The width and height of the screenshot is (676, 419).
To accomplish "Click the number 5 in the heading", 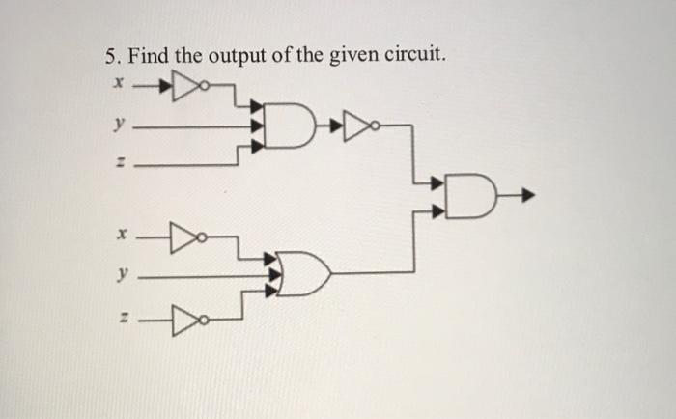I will click(x=110, y=57).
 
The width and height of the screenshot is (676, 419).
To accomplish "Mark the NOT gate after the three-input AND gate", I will click(x=360, y=125).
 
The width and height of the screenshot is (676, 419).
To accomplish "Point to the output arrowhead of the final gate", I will click(x=527, y=199).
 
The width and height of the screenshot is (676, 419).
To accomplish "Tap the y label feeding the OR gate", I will click(x=120, y=275).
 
